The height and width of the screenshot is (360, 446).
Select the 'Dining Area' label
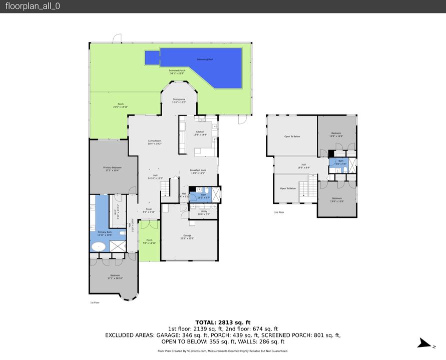coord(179,100)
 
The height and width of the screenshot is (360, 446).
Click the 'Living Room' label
coord(154,142)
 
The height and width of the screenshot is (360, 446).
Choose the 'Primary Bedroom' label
coord(113,169)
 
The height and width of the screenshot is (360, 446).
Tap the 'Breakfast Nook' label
coord(198,171)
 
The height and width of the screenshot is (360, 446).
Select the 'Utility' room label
coord(204,212)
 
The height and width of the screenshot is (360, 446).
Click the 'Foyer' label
coord(149,210)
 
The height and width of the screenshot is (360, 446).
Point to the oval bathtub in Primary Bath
coord(99,246)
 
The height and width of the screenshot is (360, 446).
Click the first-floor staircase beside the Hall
coord(165,188)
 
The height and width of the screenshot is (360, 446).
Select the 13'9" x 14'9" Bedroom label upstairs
coord(335,134)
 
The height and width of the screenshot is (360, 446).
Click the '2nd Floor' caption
coord(279,212)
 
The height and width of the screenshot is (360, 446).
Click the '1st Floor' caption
coord(95,302)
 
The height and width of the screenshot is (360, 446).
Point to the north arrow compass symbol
coord(424,343)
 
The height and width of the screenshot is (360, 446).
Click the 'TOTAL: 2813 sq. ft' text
coord(223,322)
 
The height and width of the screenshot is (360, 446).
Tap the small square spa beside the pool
coord(152,58)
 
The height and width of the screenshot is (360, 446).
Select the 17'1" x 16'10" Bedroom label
coord(115,277)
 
